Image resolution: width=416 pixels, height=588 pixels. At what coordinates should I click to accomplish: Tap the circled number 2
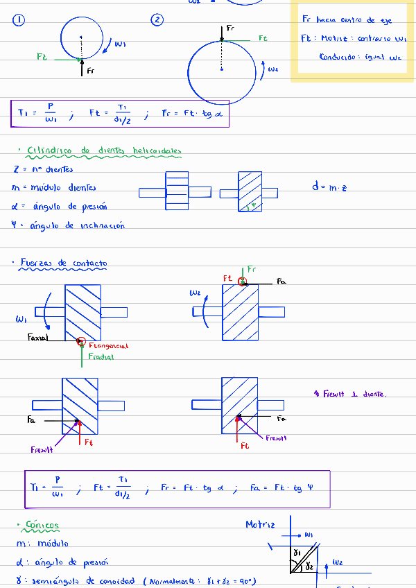point(158,21)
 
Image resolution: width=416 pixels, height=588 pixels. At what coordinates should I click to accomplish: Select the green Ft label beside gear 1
point(42,58)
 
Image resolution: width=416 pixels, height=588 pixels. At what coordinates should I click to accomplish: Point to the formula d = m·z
point(329,186)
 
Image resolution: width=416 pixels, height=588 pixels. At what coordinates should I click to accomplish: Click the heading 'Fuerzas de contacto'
point(63,263)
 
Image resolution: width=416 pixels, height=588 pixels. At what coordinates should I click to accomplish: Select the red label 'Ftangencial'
point(109,345)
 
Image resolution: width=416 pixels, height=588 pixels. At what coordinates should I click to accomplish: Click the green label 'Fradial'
point(101,356)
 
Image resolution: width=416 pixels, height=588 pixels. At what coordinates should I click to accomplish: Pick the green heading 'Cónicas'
point(42,525)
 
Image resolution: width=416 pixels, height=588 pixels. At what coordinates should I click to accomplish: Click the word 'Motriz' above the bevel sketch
point(261,525)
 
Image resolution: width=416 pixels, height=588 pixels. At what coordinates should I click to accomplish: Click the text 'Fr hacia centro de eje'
point(347,21)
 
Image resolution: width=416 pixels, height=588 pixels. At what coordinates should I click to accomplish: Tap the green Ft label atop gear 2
point(263,39)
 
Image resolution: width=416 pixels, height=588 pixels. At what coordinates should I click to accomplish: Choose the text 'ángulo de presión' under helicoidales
point(70,206)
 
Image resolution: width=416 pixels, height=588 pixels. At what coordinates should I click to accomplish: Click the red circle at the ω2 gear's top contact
point(241,282)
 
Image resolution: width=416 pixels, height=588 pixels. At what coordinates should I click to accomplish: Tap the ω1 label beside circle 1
point(120,44)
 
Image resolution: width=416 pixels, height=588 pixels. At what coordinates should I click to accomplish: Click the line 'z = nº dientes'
point(43,169)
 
